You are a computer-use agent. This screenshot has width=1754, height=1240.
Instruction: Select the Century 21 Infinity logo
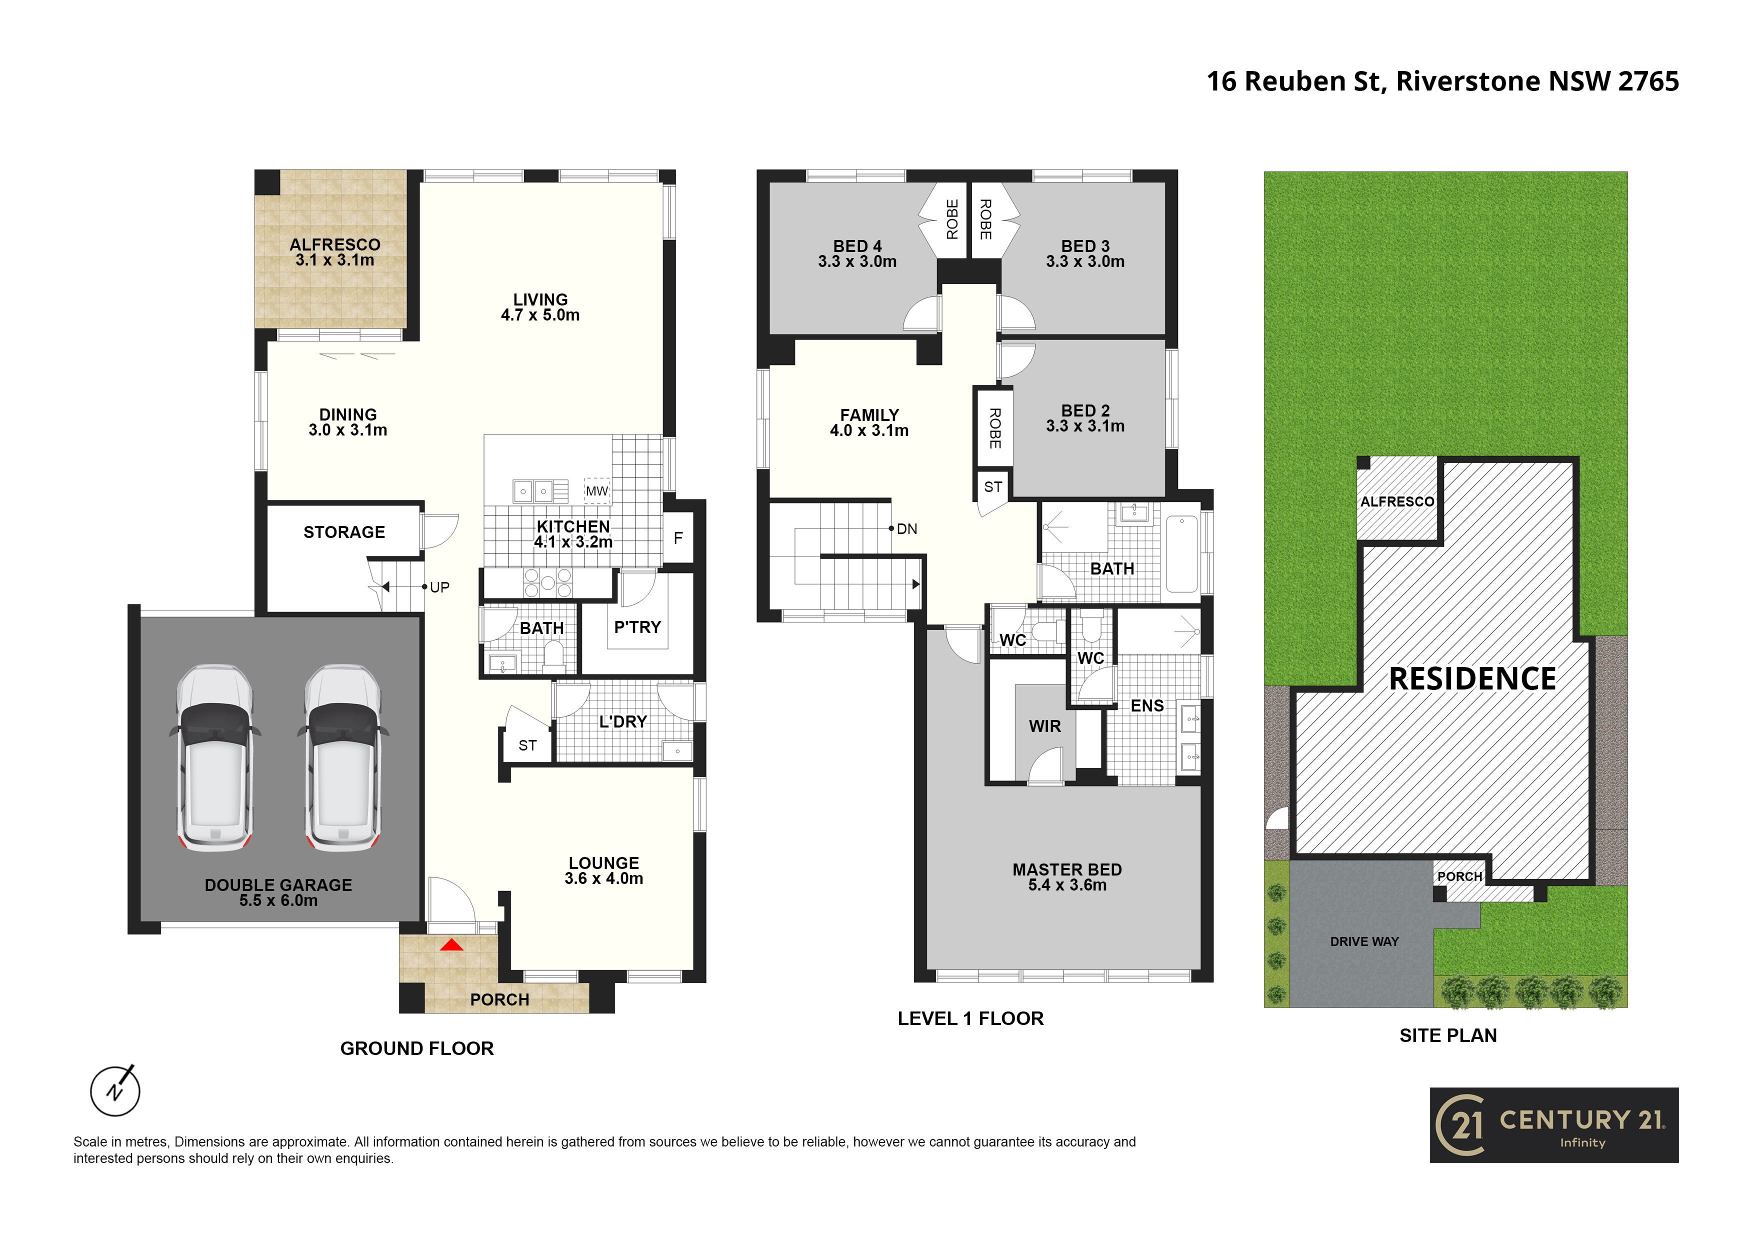[x=1554, y=1124]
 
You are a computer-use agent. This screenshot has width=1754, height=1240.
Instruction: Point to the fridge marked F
[x=677, y=538]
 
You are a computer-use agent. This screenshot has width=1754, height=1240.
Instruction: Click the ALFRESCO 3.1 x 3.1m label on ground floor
[x=334, y=252]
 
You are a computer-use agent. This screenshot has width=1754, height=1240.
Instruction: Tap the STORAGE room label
[x=344, y=532]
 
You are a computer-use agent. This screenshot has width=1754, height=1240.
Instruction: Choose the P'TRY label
[x=637, y=627]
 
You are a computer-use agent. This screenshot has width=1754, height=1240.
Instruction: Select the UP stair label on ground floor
[x=439, y=587]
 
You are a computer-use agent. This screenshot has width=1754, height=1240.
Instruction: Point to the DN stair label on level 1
[x=907, y=528]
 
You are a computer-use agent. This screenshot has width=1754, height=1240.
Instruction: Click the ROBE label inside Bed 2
[x=994, y=428]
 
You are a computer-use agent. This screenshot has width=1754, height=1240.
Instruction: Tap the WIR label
[x=1045, y=726]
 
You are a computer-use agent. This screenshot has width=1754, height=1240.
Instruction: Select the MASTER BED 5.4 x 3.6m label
[x=1067, y=877]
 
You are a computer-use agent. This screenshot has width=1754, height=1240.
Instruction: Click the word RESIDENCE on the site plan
[x=1472, y=678]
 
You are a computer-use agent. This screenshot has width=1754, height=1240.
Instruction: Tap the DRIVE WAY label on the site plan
[x=1364, y=941]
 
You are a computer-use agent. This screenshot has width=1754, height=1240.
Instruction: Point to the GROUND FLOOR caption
[x=417, y=1048]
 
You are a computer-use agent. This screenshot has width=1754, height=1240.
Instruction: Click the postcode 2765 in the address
[x=1648, y=81]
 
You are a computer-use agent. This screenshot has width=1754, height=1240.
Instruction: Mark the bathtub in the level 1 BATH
[x=1182, y=553]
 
